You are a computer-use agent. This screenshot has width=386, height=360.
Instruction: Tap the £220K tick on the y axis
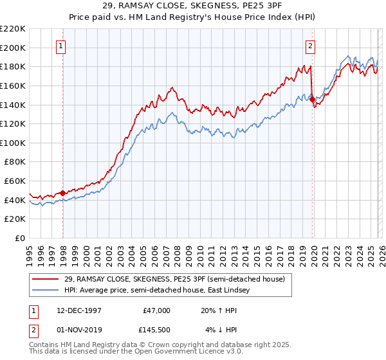click(x=14, y=29)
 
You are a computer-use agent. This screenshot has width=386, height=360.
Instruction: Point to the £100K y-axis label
click(x=14, y=143)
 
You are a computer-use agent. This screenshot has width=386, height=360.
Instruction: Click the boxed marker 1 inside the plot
click(x=60, y=46)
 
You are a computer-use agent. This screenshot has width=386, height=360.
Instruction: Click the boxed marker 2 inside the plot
click(x=310, y=46)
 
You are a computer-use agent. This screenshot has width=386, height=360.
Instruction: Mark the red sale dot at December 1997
click(x=62, y=193)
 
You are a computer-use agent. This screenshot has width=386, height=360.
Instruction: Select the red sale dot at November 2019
click(x=312, y=100)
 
